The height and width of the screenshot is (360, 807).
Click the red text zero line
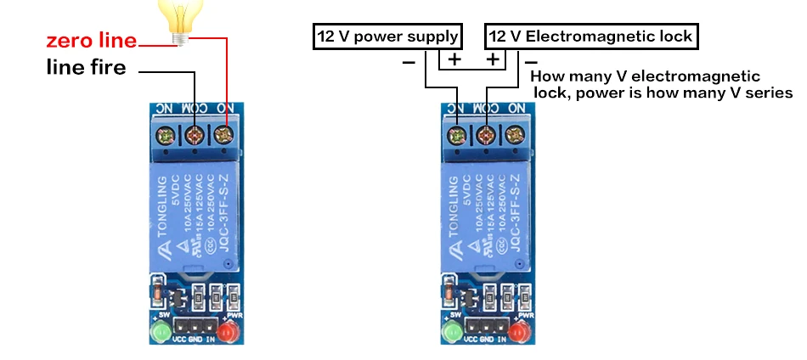coord(92,42)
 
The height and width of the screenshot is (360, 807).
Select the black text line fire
coord(86,68)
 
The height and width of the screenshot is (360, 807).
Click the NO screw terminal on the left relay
coord(223,134)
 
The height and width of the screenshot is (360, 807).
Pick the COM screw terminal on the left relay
coord(194,134)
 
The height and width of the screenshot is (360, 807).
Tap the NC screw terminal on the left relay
coord(166,134)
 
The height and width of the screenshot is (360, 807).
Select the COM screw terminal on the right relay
coord(486,134)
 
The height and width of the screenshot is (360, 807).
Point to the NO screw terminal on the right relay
coord(514,134)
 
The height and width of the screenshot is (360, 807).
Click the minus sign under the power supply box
coord(409,62)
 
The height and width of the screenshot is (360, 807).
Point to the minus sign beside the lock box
coord(531,61)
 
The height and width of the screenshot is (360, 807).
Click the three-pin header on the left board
coord(192,327)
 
